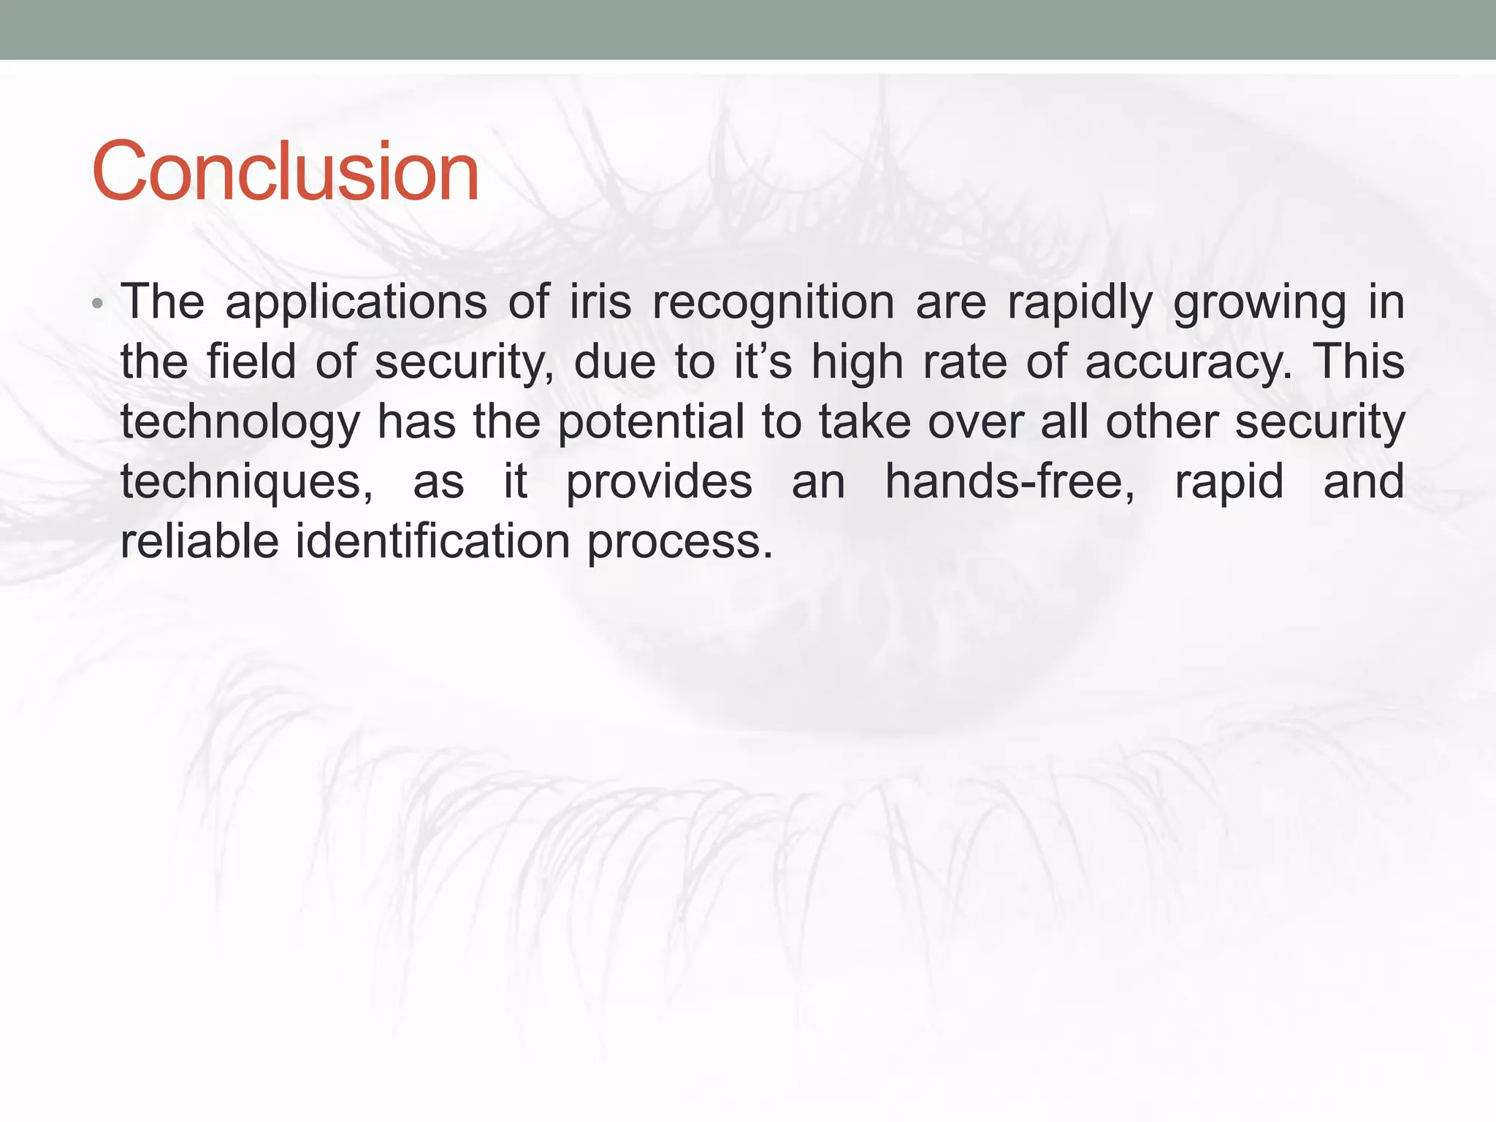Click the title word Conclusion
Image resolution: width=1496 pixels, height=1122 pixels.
pos(285,172)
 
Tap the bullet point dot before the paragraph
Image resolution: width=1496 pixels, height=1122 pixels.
pos(98,303)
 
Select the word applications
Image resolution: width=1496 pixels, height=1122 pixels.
pos(356,302)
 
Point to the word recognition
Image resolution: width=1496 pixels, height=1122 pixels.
pos(773,302)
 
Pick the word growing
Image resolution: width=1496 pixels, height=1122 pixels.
pos(1259,302)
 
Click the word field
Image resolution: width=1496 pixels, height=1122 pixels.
pos(251,362)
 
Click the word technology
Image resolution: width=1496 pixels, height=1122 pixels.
pos(240,422)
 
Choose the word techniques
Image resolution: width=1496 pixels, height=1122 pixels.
pos(246,482)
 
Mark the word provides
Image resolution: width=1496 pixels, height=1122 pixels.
pos(659,482)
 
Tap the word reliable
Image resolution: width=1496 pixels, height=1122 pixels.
pos(199,541)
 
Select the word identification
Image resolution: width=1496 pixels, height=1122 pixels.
pos(432,541)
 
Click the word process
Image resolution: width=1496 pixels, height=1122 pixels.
pos(679,543)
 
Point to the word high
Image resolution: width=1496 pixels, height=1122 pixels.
pos(857,363)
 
